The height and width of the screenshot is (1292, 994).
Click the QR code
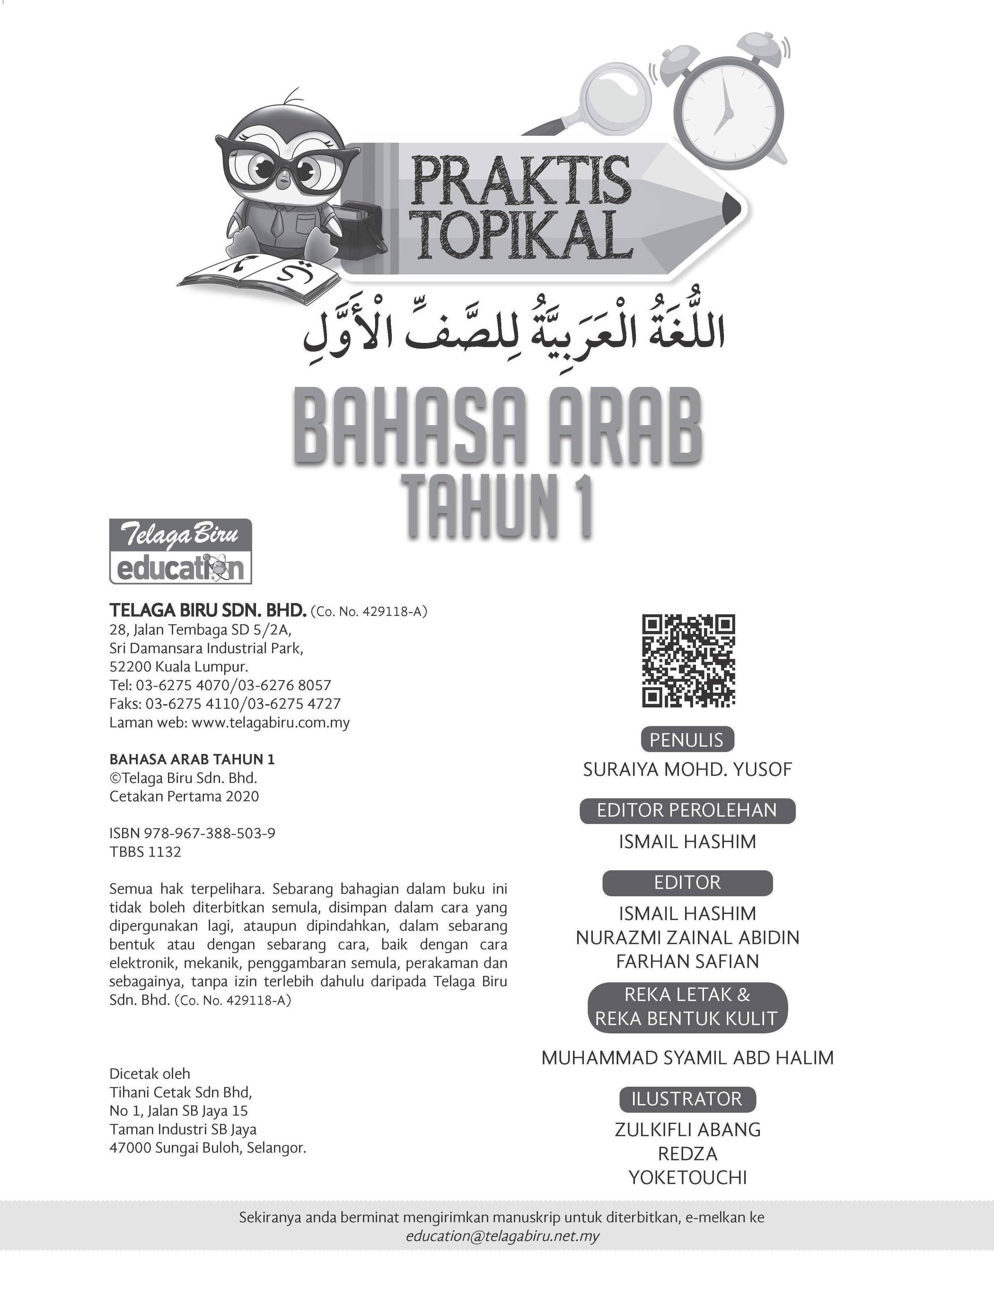(688, 661)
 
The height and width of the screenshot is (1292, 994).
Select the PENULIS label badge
(687, 740)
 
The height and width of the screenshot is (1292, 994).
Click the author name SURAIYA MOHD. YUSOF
(687, 769)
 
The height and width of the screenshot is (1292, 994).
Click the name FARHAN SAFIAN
(687, 961)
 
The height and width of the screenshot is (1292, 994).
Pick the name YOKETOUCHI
(687, 1177)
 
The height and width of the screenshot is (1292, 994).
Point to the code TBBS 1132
(145, 852)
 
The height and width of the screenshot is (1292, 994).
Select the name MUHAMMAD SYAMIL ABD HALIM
(687, 1058)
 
